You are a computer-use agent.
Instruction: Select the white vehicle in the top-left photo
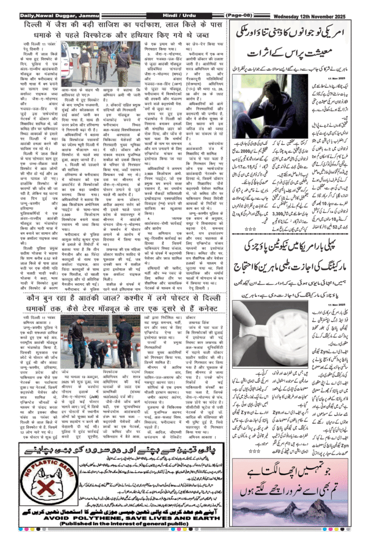[x=67, y=60]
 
